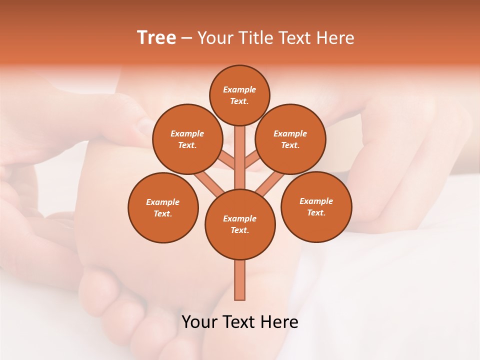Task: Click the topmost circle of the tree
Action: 239,95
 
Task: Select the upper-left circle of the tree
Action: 187,139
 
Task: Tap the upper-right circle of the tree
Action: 290,139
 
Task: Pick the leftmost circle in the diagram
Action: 163,207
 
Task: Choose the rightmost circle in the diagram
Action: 316,206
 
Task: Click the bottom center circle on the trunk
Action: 240,224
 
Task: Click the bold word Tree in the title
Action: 156,37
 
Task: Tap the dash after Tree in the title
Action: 186,38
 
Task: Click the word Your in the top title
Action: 215,37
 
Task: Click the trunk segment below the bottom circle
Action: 240,280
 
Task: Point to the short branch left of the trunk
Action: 226,159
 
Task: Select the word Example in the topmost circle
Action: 239,89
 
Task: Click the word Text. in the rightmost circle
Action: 316,212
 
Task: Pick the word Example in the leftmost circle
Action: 163,202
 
